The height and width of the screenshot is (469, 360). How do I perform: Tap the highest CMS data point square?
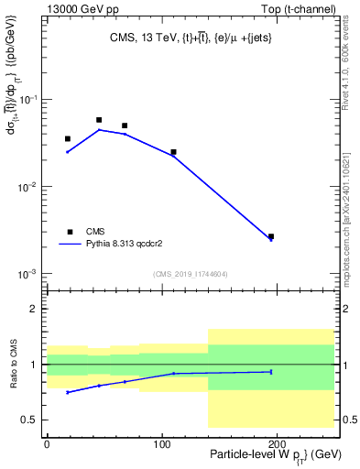tap(99, 120)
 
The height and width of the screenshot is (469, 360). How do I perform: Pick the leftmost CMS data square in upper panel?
tap(68, 139)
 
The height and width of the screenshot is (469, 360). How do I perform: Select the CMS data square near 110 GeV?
tap(173, 152)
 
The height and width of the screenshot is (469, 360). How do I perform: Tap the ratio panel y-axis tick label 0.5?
tap(33, 420)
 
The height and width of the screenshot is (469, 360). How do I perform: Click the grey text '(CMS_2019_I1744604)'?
tap(190, 274)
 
